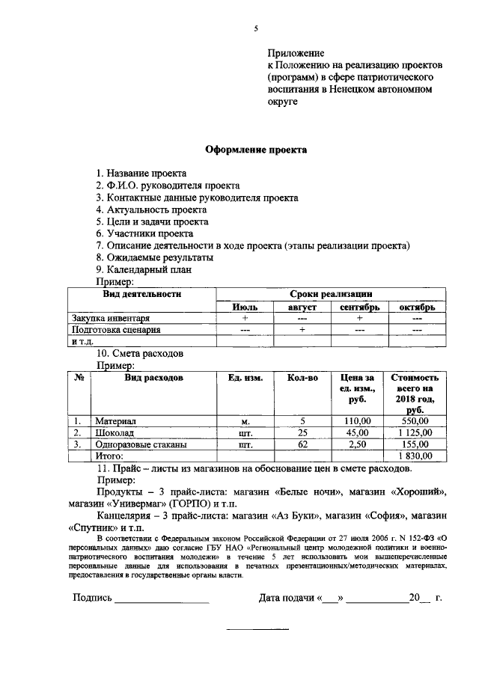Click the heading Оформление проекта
pos(256,150)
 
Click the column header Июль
pos(245,307)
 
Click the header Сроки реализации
pos(331,294)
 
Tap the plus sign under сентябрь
pos(360,318)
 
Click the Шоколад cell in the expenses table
pos(116,432)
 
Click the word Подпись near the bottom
pos(92,598)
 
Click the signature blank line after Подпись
pos(162,600)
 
